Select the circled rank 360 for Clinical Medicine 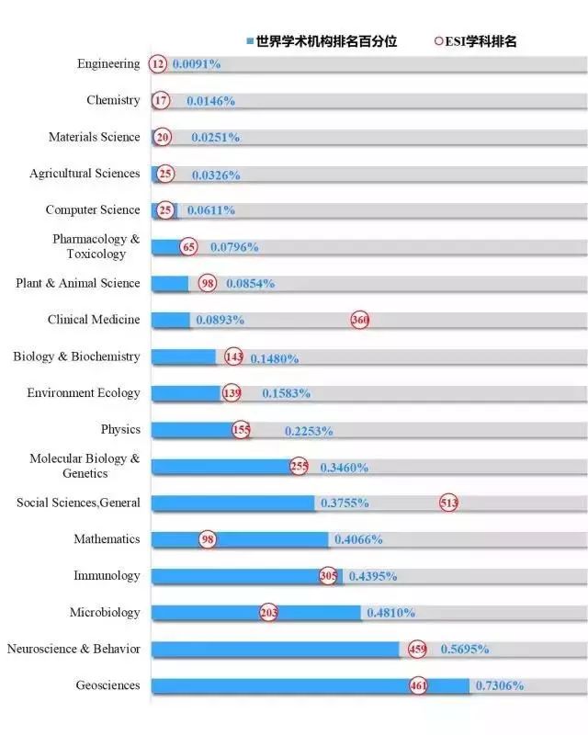[x=359, y=320]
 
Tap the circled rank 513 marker [x=448, y=503]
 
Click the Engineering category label [x=108, y=63]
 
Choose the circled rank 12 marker [x=159, y=64]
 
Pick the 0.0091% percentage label [x=196, y=64]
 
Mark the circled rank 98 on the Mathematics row [x=208, y=539]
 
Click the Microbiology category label [x=105, y=612]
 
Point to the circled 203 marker [x=268, y=613]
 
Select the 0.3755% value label [x=345, y=503]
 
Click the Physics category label [x=120, y=429]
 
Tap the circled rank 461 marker [x=418, y=685]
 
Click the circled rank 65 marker [x=189, y=246]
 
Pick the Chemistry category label [x=113, y=100]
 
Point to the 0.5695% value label [x=464, y=649]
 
